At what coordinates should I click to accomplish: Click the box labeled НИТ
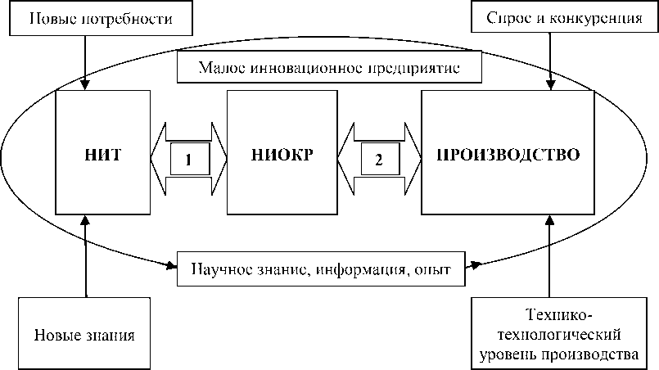103,152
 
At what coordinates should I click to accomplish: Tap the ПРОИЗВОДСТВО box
508,152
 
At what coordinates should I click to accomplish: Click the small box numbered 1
188,160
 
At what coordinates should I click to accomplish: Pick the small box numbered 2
378,160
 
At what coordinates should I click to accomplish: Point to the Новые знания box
84,334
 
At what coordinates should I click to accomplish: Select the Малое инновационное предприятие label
328,69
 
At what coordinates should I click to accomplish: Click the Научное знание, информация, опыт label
322,269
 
